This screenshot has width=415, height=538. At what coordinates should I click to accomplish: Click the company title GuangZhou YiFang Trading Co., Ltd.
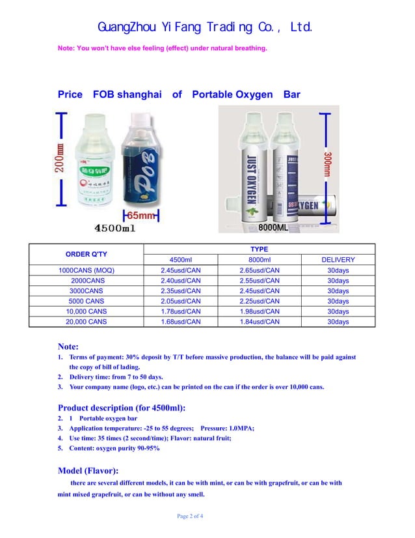pyautogui.click(x=206, y=27)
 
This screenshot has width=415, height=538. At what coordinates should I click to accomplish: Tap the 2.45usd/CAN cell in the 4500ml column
pyautogui.click(x=180, y=270)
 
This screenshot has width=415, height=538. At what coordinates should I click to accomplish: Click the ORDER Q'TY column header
pyautogui.click(x=85, y=254)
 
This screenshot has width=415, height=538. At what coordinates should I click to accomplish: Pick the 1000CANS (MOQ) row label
pyautogui.click(x=85, y=270)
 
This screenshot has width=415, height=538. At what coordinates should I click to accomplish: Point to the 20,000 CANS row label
pyautogui.click(x=85, y=322)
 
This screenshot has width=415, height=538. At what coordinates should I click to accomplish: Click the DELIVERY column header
pyautogui.click(x=338, y=260)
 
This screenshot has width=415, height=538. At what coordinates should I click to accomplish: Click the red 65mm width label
pyautogui.click(x=140, y=216)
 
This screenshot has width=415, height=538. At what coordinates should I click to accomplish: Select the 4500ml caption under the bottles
pyautogui.click(x=115, y=229)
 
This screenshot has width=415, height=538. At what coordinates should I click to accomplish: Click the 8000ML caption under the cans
pyautogui.click(x=273, y=228)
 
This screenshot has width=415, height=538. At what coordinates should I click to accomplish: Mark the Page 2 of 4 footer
pyautogui.click(x=190, y=517)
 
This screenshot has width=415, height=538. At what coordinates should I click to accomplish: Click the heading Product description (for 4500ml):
pyautogui.click(x=122, y=408)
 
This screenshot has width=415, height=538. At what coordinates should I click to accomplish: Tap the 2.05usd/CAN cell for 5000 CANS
pyautogui.click(x=180, y=302)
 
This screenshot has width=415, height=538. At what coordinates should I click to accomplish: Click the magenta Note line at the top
pyautogui.click(x=163, y=48)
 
